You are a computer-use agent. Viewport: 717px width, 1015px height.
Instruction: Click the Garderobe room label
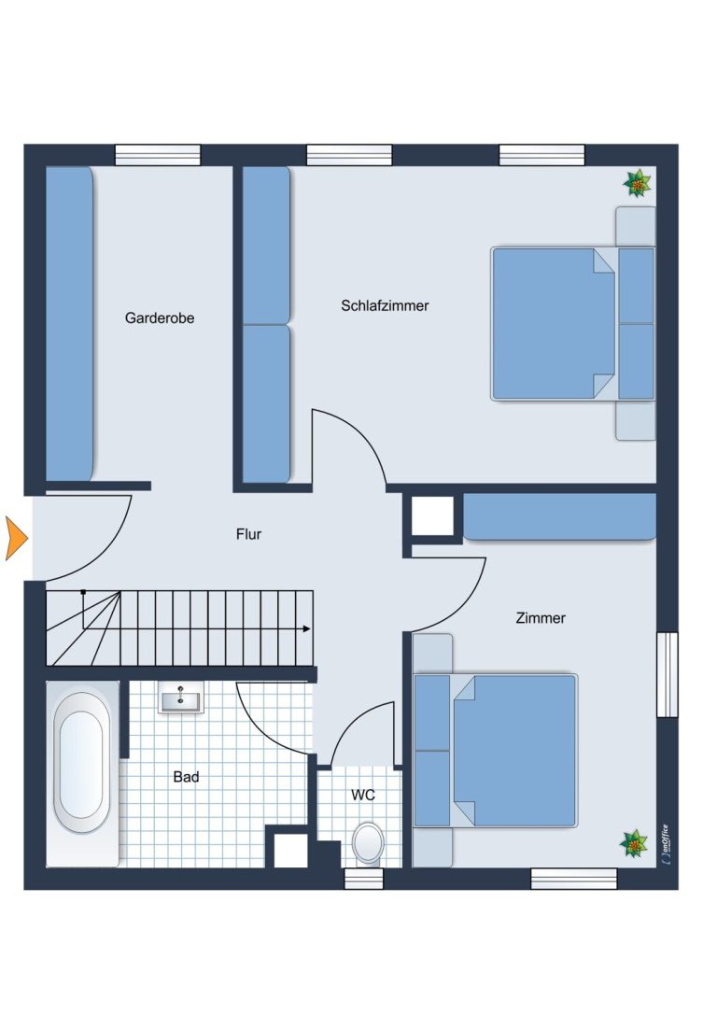point(160,317)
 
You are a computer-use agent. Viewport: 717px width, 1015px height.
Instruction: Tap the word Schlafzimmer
point(385,305)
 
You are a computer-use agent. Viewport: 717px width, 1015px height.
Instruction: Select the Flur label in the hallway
point(248,534)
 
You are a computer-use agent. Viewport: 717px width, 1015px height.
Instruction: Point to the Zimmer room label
point(541,618)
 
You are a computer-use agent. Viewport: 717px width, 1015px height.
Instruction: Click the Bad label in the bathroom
point(186,777)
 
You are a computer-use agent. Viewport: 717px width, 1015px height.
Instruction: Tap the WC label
point(363,795)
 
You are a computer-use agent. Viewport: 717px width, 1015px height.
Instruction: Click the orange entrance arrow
point(16,538)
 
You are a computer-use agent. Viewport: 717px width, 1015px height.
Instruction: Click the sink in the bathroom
point(181,698)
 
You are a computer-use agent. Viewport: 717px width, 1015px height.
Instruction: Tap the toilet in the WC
point(368,843)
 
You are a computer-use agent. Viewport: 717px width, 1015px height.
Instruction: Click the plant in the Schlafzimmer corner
point(638,183)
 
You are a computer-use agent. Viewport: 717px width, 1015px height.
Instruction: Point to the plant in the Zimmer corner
point(634,843)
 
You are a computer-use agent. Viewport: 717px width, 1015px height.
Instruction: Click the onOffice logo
point(666,843)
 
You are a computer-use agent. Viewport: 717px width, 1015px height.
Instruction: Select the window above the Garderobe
point(158,155)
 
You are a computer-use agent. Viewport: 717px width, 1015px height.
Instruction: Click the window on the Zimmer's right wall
point(668,674)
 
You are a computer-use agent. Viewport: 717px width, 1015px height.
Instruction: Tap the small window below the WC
point(364,879)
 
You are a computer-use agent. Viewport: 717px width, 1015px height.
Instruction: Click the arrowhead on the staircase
point(307,628)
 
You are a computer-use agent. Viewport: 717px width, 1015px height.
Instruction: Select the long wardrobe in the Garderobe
point(69,324)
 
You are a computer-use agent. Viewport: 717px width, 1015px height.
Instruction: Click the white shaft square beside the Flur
point(432,516)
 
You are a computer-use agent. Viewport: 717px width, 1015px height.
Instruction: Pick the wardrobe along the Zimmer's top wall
point(560,516)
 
